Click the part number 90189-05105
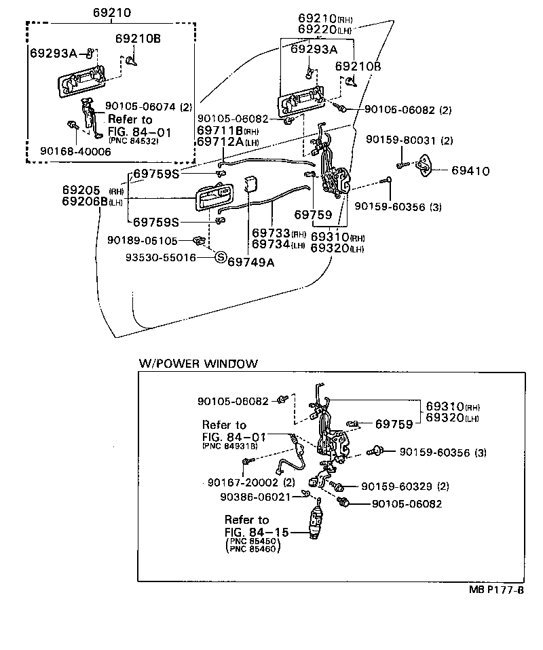143,240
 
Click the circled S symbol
220,257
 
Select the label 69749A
250,262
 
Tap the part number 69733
271,233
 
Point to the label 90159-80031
400,140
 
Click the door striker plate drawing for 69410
428,166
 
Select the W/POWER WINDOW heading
198,364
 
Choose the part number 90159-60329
396,486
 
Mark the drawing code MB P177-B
495,590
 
